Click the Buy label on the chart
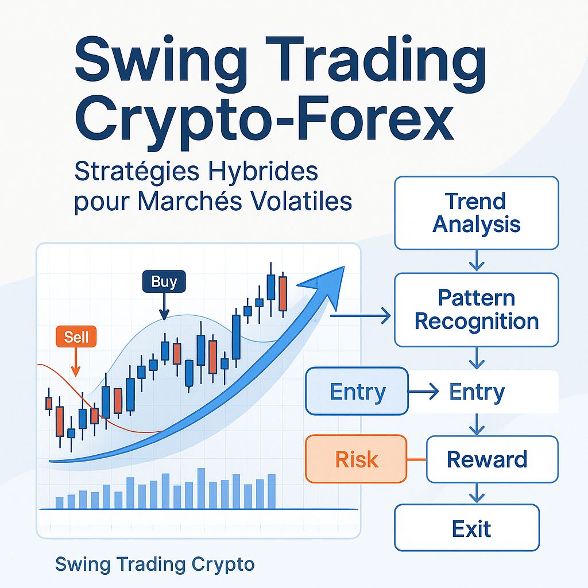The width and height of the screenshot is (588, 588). [164, 282]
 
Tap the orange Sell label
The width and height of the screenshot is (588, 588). [77, 336]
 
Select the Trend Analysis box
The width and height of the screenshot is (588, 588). [476, 212]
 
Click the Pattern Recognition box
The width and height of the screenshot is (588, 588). [476, 310]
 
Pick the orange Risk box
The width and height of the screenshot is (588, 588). [357, 459]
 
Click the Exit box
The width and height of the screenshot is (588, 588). [471, 528]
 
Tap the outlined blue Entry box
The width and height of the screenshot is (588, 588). [357, 392]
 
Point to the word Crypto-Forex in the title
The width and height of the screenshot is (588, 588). [264, 122]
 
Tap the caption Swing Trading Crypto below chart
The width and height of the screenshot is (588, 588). [154, 564]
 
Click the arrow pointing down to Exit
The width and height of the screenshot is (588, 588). [476, 493]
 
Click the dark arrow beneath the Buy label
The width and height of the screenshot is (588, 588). [164, 306]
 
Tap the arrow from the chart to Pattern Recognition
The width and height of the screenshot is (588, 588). [362, 315]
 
